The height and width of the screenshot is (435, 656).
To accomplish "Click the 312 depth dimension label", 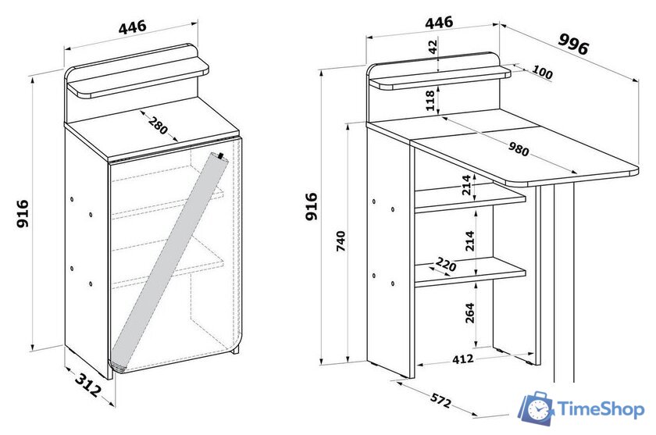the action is pyautogui.click(x=87, y=384).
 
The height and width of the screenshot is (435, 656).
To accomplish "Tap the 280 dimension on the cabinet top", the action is pyautogui.click(x=158, y=125).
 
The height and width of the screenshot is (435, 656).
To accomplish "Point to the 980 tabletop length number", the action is pyautogui.click(x=519, y=148).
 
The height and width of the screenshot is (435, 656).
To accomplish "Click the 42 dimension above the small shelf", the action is pyautogui.click(x=433, y=46).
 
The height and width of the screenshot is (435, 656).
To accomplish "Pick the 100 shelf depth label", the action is pyautogui.click(x=542, y=73).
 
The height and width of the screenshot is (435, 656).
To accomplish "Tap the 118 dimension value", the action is pyautogui.click(x=430, y=101).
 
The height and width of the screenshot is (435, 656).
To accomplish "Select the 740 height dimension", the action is pyautogui.click(x=341, y=241).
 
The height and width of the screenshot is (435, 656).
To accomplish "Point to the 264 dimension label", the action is pyautogui.click(x=470, y=313).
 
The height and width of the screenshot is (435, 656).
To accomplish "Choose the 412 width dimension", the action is pyautogui.click(x=462, y=359).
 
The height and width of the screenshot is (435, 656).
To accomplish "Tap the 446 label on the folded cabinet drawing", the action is pyautogui.click(x=133, y=27).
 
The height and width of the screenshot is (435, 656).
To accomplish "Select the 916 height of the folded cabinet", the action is pyautogui.click(x=23, y=213).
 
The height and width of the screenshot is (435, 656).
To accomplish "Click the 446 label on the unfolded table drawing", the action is pyautogui.click(x=439, y=22).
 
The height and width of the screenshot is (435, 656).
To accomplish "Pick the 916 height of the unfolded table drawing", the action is pyautogui.click(x=312, y=206).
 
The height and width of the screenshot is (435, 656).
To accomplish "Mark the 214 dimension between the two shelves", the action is pyautogui.click(x=470, y=241).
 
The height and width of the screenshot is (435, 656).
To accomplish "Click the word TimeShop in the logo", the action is pyautogui.click(x=601, y=409).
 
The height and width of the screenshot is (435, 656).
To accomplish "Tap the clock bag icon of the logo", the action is pyautogui.click(x=537, y=408).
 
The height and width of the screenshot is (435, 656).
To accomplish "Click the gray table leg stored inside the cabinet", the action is pyautogui.click(x=168, y=262).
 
